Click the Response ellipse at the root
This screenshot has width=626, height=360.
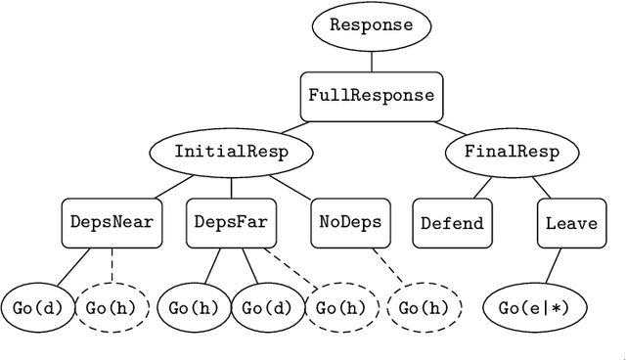(371, 24)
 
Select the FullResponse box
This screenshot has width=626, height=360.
(371, 95)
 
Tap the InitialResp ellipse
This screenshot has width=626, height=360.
(231, 152)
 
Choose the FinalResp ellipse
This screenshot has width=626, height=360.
(511, 152)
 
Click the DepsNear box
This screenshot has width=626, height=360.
(112, 222)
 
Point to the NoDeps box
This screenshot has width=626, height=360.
(350, 222)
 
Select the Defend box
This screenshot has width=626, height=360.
(452, 222)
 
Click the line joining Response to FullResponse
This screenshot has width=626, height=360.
(371, 60)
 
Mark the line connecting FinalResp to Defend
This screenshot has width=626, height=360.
(484, 184)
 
